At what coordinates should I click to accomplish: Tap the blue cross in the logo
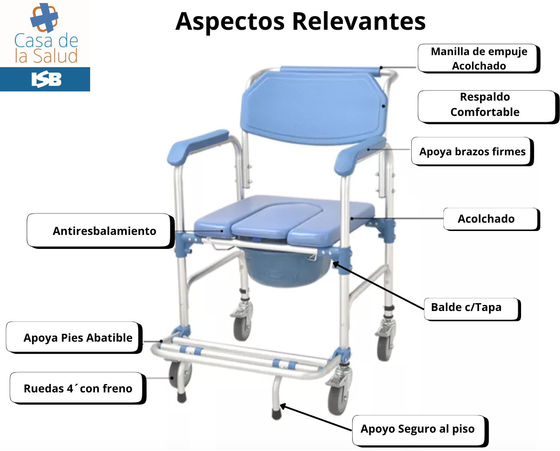[x=44, y=17]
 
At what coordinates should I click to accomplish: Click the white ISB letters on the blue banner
[x=46, y=79]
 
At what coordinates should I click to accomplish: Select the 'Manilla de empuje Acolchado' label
[x=479, y=59]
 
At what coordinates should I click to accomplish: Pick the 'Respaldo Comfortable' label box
[x=488, y=107]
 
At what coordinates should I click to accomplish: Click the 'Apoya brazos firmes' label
[x=472, y=151]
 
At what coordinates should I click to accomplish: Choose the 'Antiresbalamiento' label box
[x=101, y=231]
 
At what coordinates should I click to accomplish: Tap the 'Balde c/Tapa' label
[x=472, y=309]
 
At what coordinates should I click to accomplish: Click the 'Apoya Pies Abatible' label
[x=74, y=338]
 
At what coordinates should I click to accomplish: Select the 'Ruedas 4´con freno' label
[x=78, y=388]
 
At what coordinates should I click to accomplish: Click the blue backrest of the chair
[x=314, y=108]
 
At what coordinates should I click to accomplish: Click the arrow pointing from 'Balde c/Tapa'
[x=378, y=286]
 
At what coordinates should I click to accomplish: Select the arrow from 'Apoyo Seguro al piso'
[x=315, y=417]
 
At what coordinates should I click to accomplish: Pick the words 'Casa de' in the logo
[x=46, y=41]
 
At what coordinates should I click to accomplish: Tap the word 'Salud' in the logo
[x=56, y=56]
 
